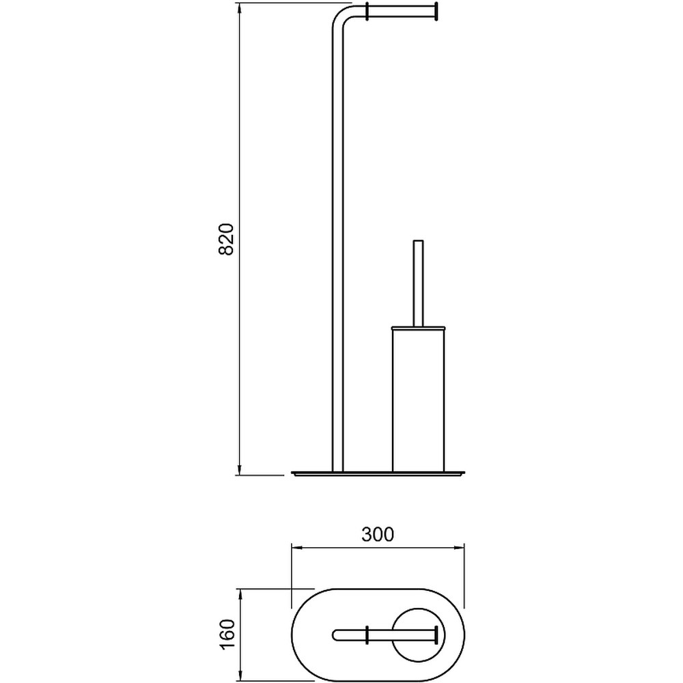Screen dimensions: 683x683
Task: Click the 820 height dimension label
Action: pos(227,239)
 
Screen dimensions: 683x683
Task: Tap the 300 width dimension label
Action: pos(378,535)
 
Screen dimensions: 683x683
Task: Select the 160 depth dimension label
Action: pos(227,634)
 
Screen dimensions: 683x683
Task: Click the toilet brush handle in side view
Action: pos(418,283)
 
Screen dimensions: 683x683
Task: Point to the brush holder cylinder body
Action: pos(418,400)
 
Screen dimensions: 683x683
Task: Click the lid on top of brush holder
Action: pos(418,327)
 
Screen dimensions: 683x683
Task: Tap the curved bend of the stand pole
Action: pos(342,15)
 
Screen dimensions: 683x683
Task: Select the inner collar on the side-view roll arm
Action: pos(368,12)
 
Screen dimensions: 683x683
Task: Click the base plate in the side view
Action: pos(379,474)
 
